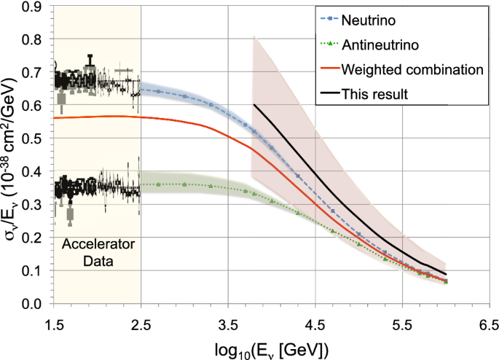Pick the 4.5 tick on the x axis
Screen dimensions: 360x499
[315, 321]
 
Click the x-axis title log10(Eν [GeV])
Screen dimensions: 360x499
[270, 348]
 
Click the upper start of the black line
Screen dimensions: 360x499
[254, 105]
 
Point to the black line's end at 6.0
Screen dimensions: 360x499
[445, 274]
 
